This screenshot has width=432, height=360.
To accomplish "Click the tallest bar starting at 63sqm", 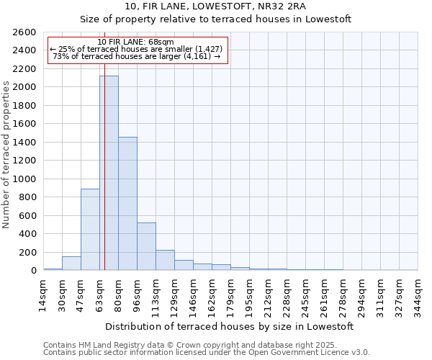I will click(x=109, y=173).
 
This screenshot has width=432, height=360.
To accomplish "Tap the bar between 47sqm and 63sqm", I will click(x=90, y=229).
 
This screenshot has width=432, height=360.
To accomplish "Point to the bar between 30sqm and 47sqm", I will click(x=71, y=263).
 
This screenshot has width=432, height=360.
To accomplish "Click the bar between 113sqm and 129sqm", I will click(x=165, y=260).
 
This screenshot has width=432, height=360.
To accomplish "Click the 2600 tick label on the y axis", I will click(x=24, y=32).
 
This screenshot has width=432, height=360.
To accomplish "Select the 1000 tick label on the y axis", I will click(x=24, y=179).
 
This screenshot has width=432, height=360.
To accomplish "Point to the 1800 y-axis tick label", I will click(x=24, y=106).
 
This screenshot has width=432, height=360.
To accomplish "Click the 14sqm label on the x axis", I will click(x=43, y=292).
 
